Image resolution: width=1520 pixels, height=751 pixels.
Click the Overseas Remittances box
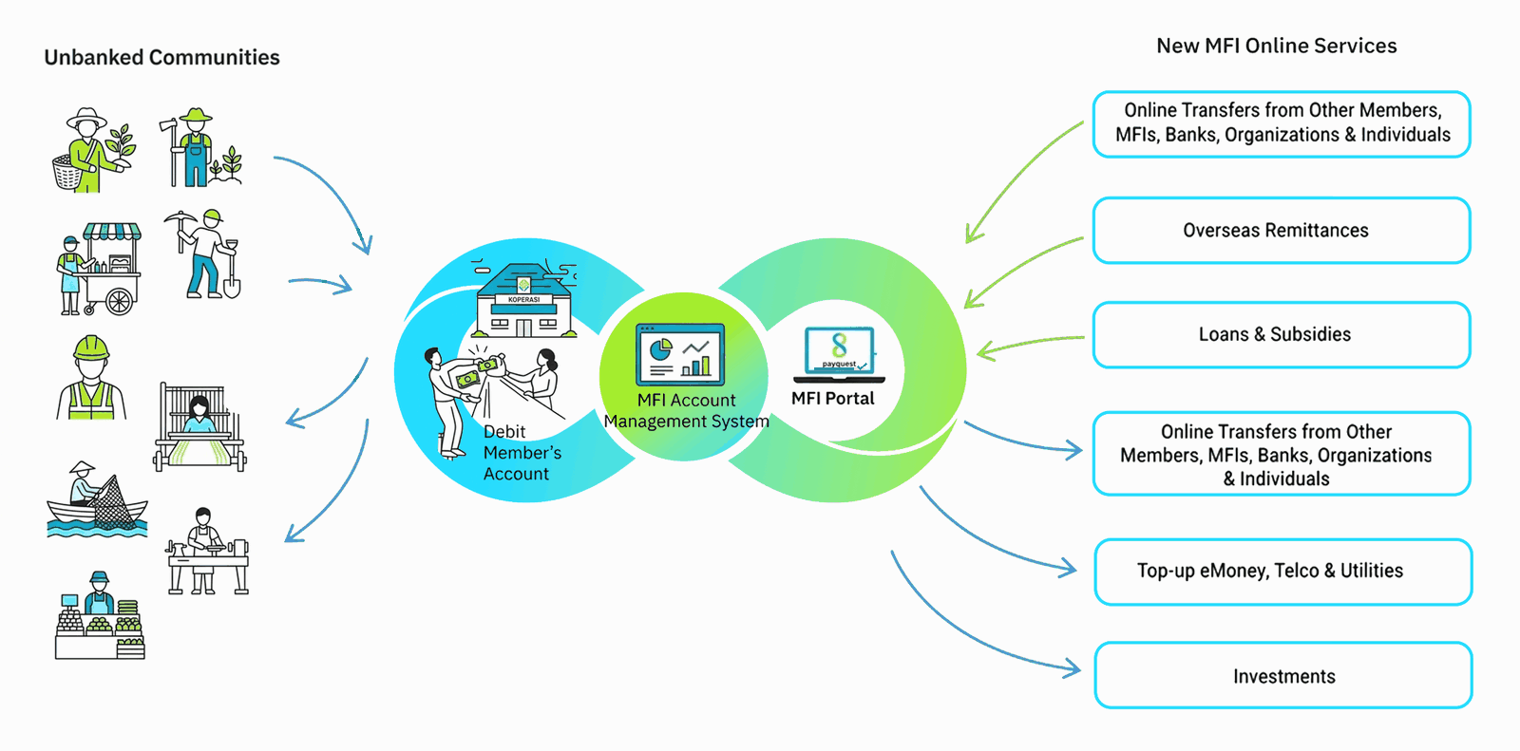pos(1282,230)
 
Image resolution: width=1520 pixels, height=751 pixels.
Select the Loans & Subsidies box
pos(1282,334)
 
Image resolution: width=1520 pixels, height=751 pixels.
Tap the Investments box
pos(1283,676)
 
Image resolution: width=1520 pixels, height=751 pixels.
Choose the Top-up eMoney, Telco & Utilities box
pos(1283,572)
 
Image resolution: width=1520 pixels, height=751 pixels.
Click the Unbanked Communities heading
pos(161,58)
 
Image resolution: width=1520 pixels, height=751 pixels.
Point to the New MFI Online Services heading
pos(1277,47)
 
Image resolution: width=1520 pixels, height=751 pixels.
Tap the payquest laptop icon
pos(840,354)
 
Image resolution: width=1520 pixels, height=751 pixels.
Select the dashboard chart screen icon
pos(680,354)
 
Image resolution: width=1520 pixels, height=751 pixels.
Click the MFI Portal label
pos(832,398)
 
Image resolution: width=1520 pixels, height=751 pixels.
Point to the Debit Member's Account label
pos(522,453)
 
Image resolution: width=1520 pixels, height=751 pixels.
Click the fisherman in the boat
pos(97,499)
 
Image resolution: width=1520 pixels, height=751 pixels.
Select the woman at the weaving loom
pos(199,426)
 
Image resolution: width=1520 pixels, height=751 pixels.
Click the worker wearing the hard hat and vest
pos(91,377)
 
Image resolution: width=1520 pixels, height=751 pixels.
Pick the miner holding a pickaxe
pos(203,253)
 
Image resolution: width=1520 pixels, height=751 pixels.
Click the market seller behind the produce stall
pos(100,615)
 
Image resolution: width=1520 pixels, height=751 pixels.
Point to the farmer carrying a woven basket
pos(94,150)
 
